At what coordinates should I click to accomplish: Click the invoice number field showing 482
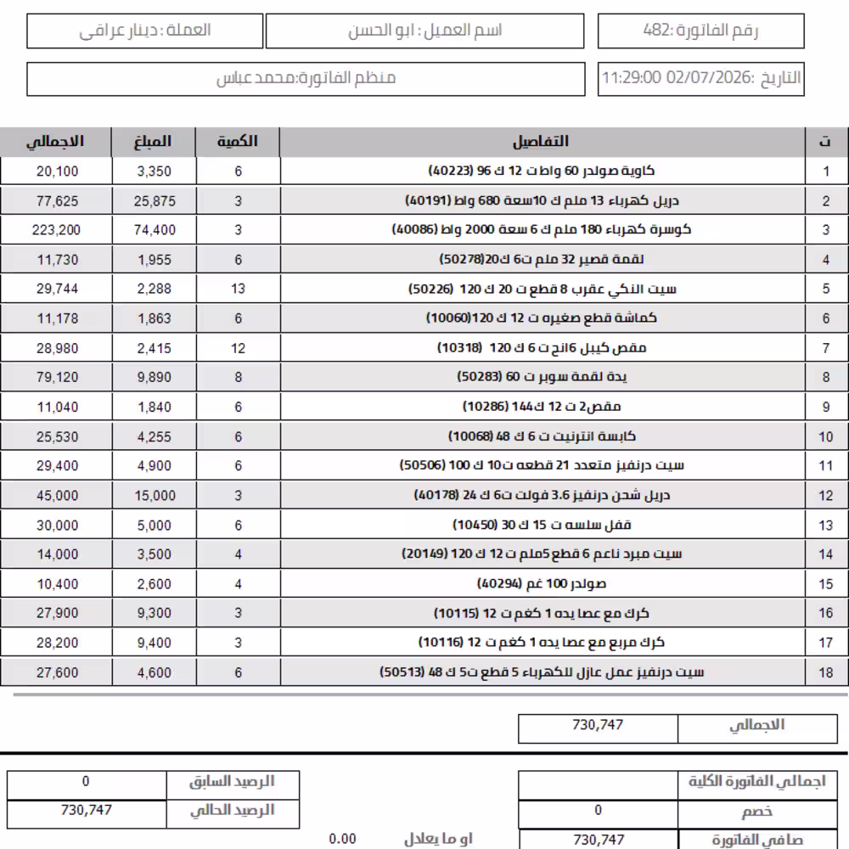700,31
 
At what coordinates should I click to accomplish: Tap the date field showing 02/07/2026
700,78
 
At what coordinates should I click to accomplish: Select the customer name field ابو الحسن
424,31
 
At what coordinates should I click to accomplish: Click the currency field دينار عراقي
145,31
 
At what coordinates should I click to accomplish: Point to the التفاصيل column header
542,142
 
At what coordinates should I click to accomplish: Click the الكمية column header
238,142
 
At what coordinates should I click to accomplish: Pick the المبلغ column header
154,142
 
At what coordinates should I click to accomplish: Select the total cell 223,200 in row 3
57,230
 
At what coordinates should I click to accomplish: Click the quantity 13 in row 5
238,289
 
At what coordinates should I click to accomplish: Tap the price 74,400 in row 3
154,230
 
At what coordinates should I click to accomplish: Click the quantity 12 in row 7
238,348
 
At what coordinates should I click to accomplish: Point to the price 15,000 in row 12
154,496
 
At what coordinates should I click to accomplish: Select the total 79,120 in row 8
57,378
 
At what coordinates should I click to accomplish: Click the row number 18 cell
826,673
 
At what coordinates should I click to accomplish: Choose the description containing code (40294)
542,584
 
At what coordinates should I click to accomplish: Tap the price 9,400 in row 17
154,643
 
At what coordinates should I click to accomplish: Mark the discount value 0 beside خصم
598,811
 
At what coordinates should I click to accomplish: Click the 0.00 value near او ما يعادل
342,839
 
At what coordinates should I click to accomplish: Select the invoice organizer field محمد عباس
306,78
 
